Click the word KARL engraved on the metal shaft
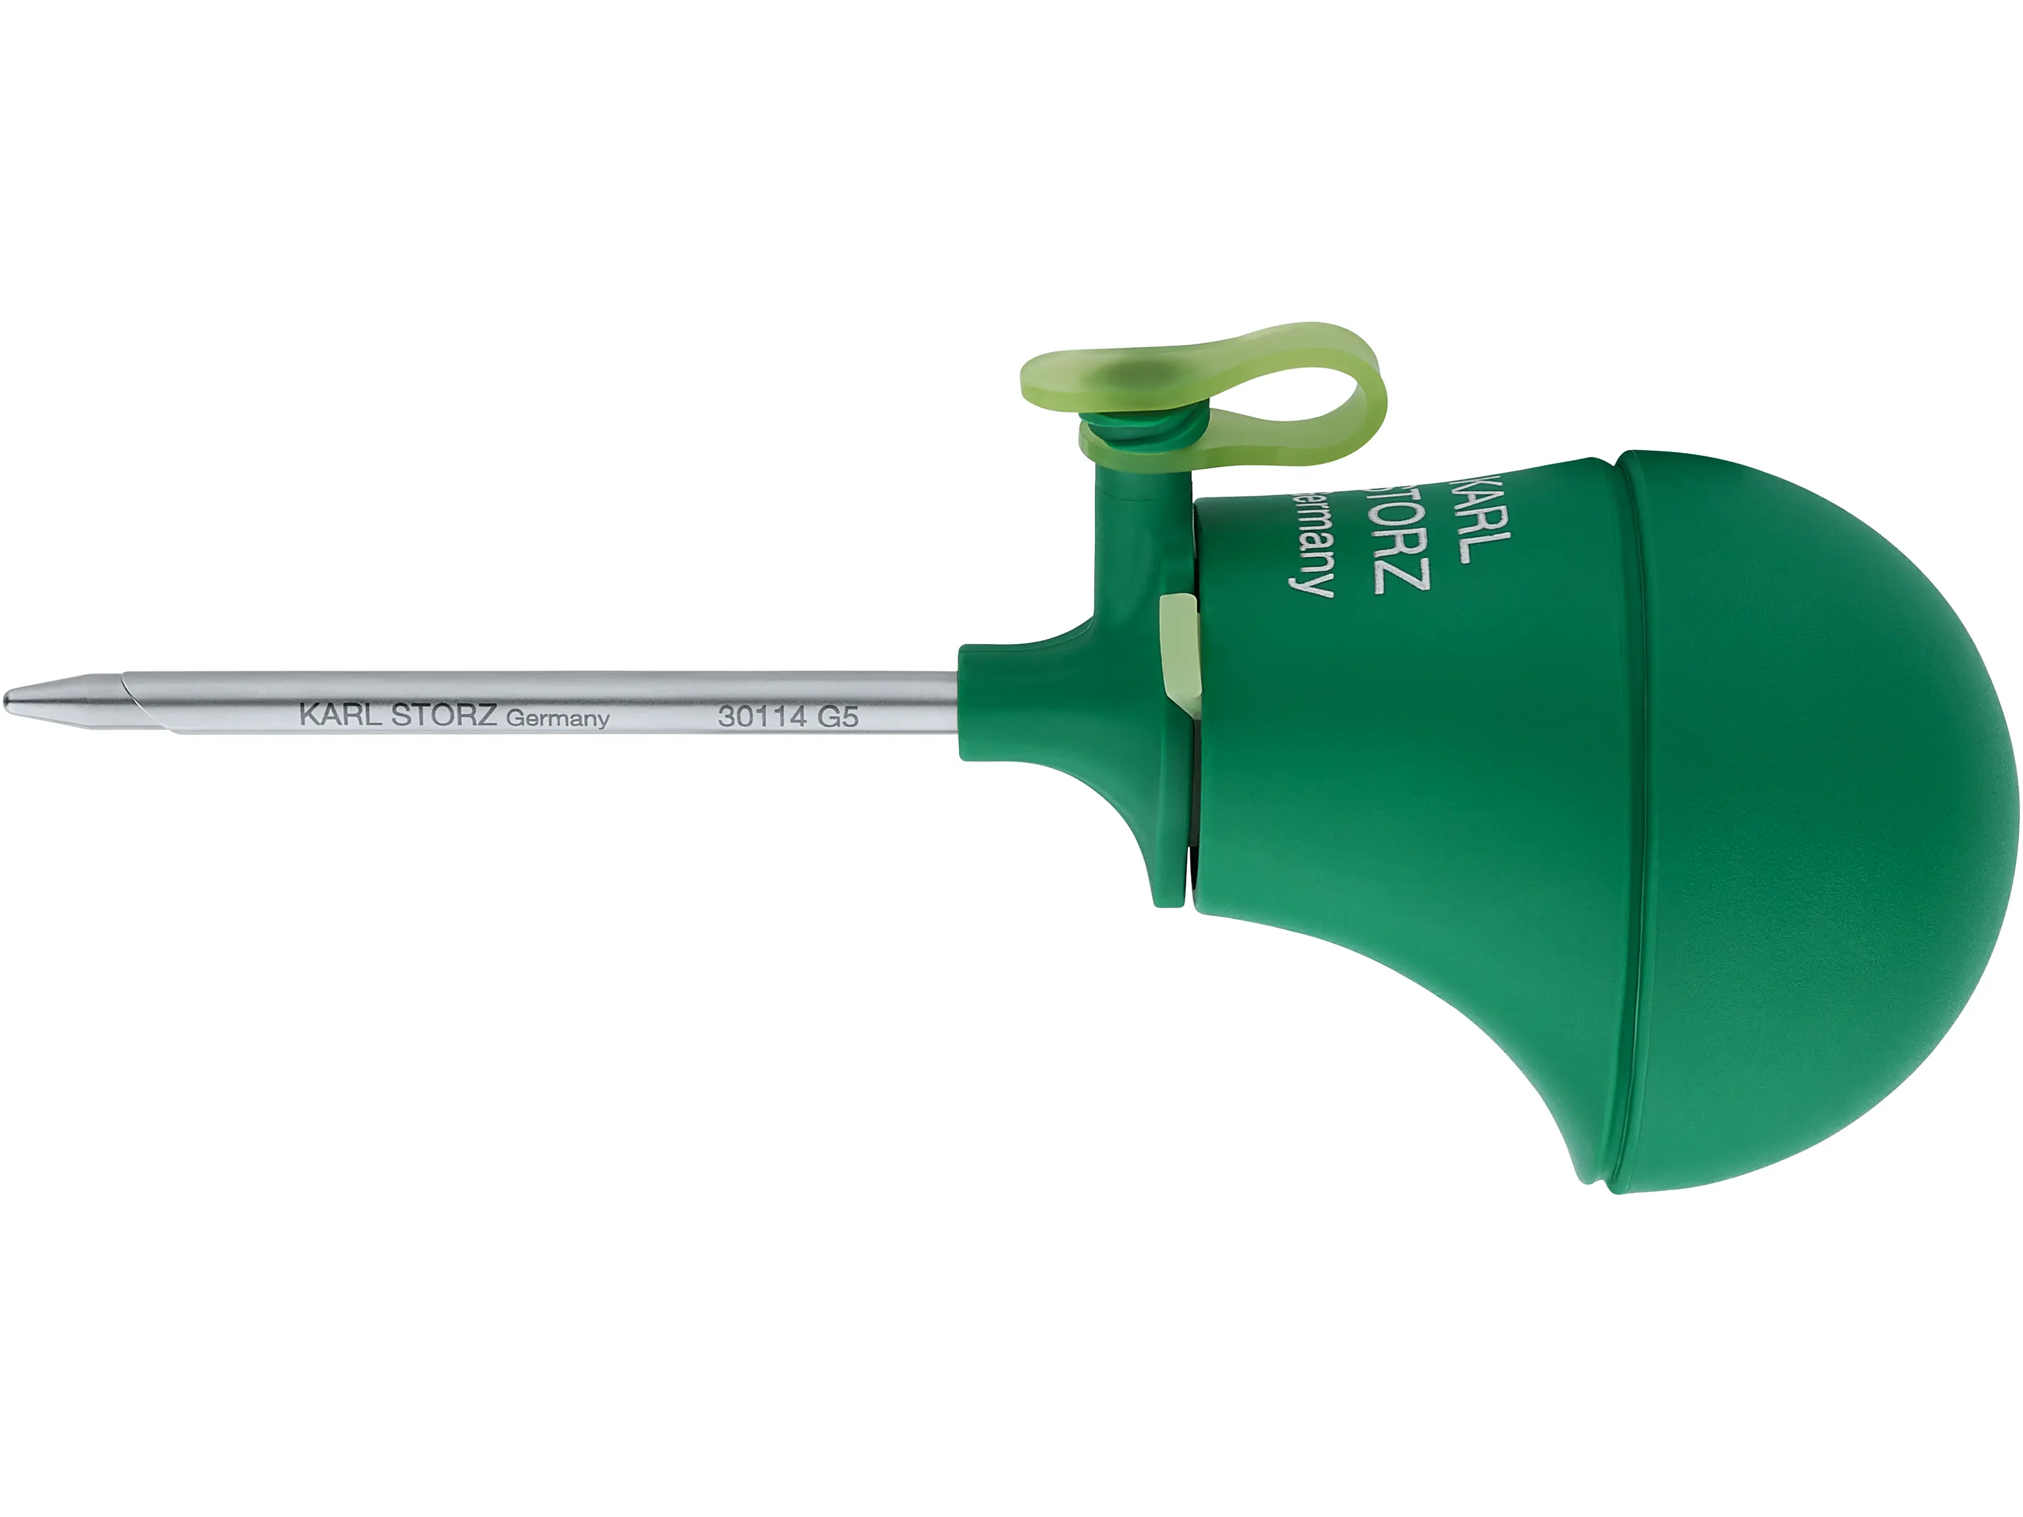(339, 715)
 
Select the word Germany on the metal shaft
(557, 719)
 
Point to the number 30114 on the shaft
(761, 717)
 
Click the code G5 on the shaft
(837, 717)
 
